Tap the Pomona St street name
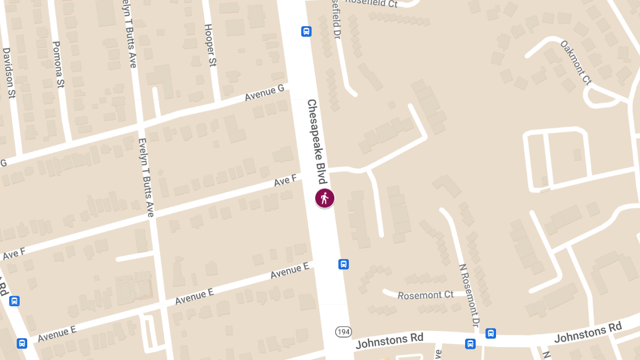coord(58,65)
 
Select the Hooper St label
coord(211,45)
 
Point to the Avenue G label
coord(265,93)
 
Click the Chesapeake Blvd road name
coord(316,141)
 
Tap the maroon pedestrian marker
coord(324,198)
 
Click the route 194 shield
coord(343,332)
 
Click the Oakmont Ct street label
coord(576,63)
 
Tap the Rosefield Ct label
coord(371,3)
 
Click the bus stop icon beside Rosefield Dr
coord(307,31)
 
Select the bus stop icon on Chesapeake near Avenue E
coord(344,264)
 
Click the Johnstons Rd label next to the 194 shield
coord(389,340)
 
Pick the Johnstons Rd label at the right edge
coord(588,332)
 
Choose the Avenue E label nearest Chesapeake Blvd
coord(290,271)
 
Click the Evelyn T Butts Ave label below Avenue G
coord(146,178)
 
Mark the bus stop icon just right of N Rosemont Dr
coord(491,333)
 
